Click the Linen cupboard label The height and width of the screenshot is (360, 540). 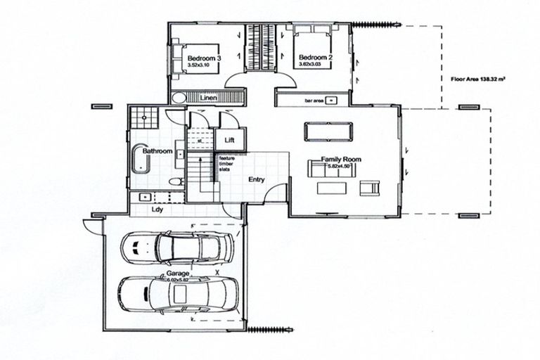tap(207, 97)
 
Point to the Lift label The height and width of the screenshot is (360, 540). tap(229, 140)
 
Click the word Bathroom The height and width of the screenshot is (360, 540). tap(157, 151)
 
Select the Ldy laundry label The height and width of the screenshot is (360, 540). tap(157, 209)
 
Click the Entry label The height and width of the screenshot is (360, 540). tap(256, 179)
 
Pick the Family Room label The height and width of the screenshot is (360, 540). tap(341, 160)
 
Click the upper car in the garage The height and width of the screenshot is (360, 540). tap(176, 247)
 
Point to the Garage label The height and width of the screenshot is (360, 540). tap(176, 272)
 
